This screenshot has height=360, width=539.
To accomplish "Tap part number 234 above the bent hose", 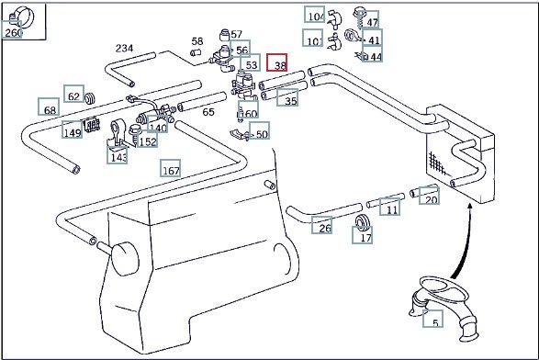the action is (124, 48).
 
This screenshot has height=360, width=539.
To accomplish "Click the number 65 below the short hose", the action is (208, 112).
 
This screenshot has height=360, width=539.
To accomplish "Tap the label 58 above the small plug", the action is (197, 41).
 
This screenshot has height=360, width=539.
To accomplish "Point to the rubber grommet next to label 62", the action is (90, 98).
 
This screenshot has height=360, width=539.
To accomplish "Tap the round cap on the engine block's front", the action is (126, 259).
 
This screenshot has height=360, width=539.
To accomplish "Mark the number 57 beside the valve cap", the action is (237, 34).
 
